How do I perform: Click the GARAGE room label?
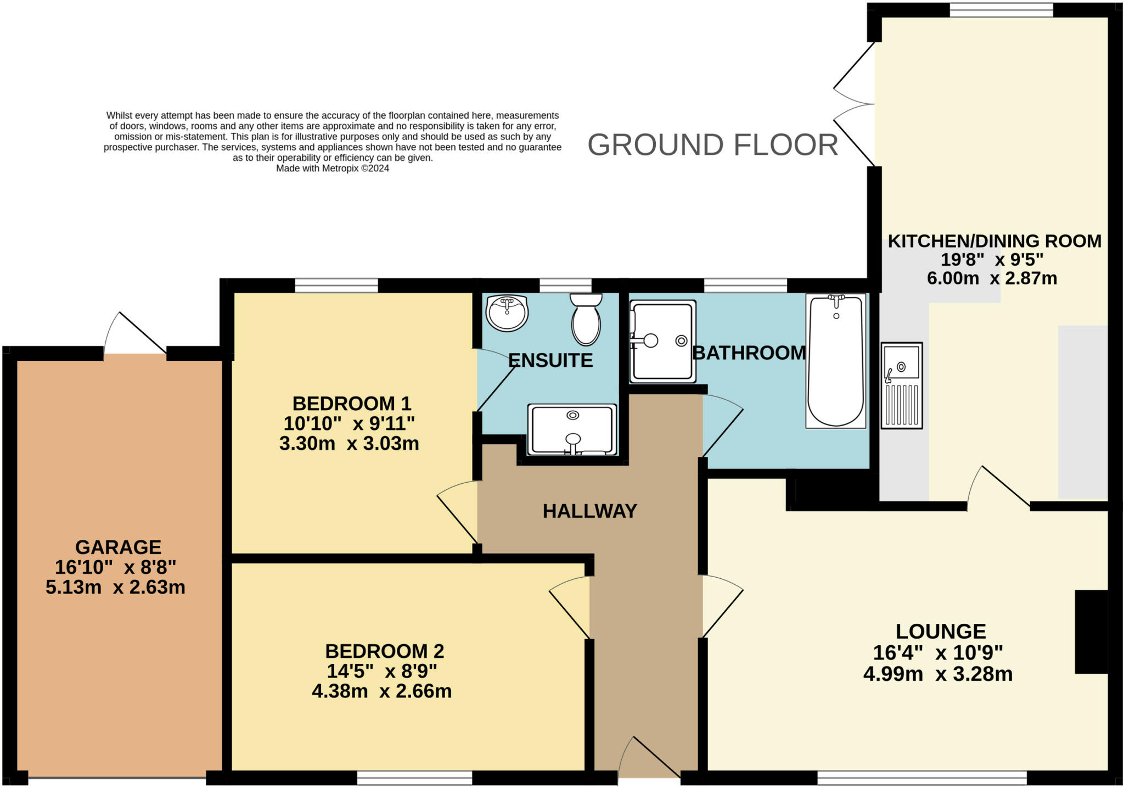118,547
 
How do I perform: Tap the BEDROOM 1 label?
352,404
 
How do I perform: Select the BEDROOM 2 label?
384,651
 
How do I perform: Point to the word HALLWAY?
589,511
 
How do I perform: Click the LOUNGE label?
941,631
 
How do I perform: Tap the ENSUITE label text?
550,360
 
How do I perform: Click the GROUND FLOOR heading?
713,145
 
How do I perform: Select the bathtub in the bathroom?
836,361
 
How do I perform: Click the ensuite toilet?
586,320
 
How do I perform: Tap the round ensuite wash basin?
507,314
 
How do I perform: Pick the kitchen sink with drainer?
902,385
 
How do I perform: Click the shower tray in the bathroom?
663,341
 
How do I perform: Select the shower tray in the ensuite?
572,429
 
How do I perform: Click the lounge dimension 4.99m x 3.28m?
938,674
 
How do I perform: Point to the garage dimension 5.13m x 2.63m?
115,587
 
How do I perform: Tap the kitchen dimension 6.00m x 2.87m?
992,278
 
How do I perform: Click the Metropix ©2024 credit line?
333,168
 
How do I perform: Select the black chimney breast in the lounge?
1091,631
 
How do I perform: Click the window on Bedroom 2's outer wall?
414,778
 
